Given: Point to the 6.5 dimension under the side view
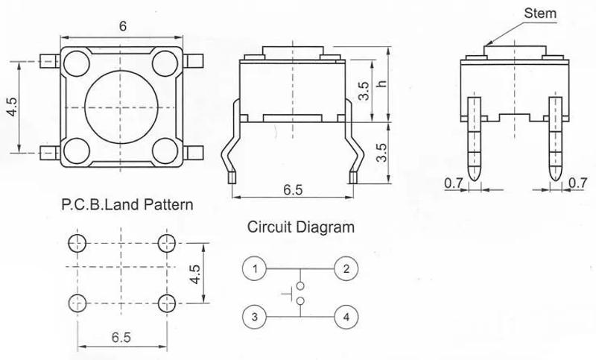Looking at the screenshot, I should coord(293,189).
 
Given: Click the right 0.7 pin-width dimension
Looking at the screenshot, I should coord(577,182).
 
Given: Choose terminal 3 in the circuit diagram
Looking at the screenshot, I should coord(255,317).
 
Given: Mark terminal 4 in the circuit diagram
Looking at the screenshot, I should coord(344,317).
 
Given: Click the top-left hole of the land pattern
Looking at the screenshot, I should coord(77,242).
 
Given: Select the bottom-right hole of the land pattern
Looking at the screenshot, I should coord(168,302).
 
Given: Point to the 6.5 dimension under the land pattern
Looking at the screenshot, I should coord(123,337).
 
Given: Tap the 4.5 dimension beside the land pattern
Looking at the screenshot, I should coord(196,272).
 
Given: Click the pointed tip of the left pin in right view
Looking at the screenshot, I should coord(473,177).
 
